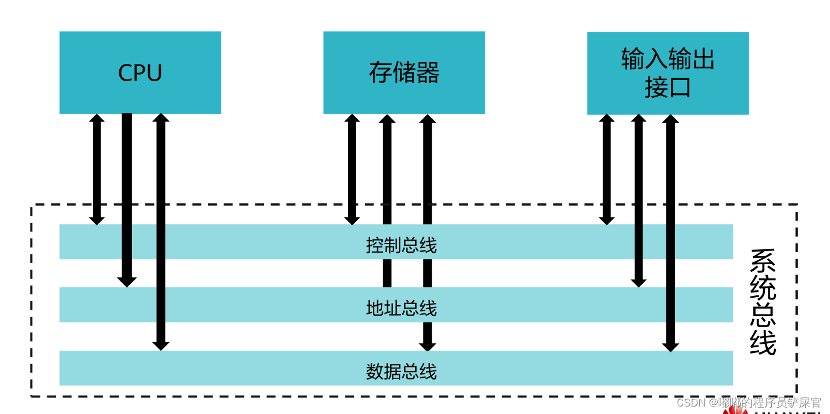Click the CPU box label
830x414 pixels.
pyautogui.click(x=140, y=73)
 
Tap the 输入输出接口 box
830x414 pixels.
pyautogui.click(x=667, y=73)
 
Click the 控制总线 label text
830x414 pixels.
pyautogui.click(x=401, y=245)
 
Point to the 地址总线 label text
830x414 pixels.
pyautogui.click(x=401, y=308)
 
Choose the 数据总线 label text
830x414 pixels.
pyautogui.click(x=401, y=371)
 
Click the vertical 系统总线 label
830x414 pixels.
pyautogui.click(x=763, y=302)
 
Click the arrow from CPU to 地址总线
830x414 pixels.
pyautogui.click(x=127, y=196)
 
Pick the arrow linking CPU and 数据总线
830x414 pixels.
pyautogui.click(x=161, y=230)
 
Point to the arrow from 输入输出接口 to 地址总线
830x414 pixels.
pyautogui.click(x=639, y=196)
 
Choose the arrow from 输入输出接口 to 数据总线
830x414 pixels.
pyautogui.click(x=670, y=230)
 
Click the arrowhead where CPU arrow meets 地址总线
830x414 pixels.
pyautogui.click(x=127, y=282)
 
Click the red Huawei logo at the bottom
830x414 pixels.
pyautogui.click(x=734, y=410)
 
